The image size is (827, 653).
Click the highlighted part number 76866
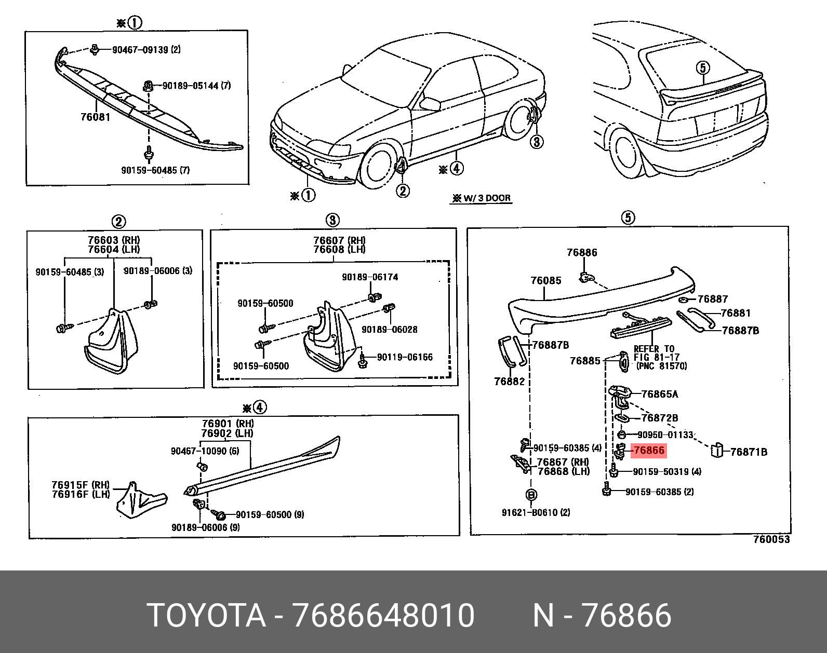pos(648,451)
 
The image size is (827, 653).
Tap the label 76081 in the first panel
pos(95,117)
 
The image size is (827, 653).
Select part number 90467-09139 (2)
pos(146,50)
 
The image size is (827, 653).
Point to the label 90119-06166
pos(404,357)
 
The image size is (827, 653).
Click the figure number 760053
pos(771,539)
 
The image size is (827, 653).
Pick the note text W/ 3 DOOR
pos(481,198)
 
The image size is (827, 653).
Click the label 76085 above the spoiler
pos(545,281)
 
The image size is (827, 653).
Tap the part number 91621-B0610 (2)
pos(536,512)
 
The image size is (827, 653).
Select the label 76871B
pos(748,452)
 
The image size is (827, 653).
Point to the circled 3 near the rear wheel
pos(537,141)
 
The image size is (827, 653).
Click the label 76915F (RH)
pos(81,485)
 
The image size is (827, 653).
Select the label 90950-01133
pos(665,434)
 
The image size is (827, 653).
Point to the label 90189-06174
pos(369,277)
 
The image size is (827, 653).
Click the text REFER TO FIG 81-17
pos(653,353)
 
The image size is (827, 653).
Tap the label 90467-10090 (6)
pos(205,451)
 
